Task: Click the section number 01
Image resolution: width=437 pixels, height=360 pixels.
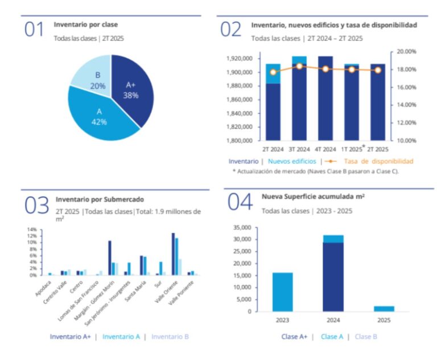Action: [x=34, y=29]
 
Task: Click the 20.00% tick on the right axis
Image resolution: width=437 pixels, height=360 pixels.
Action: [x=407, y=51]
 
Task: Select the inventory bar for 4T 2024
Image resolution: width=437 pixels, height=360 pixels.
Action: [x=325, y=100]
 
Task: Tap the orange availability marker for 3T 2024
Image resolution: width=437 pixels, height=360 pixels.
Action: [x=299, y=66]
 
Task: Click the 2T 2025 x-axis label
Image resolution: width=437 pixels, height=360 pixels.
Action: [x=378, y=149]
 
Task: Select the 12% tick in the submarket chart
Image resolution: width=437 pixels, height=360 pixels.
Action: [x=32, y=236]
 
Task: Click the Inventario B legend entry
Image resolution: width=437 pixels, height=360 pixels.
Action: [x=169, y=337]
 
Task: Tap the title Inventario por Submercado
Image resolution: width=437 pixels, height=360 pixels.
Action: [x=100, y=199]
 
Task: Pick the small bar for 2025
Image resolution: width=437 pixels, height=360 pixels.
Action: [x=384, y=308]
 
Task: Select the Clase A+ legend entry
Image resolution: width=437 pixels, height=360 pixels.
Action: [x=294, y=337]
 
